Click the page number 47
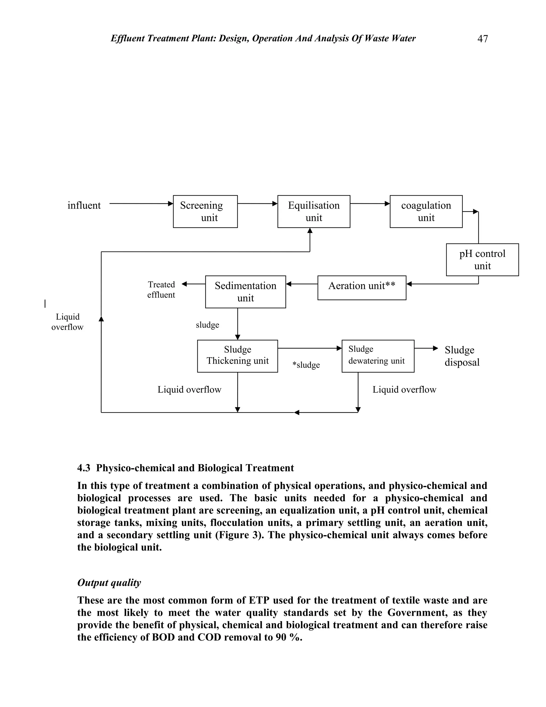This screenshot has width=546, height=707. pos(482,39)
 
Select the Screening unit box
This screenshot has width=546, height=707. pos(205,211)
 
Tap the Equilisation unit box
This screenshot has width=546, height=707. pos(314,211)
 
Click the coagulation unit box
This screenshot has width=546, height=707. pos(426,211)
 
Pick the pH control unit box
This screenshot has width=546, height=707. pos(482,260)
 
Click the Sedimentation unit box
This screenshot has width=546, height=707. pos(245,292)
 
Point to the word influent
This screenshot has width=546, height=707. pos(84,205)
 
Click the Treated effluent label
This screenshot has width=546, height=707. pos(161,289)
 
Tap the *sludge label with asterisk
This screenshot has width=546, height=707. pos(306,365)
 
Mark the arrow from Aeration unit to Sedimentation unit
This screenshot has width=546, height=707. pos(302,284)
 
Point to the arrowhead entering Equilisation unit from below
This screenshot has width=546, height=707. pos(310,231)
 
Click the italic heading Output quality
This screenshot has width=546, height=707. pos(109,582)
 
